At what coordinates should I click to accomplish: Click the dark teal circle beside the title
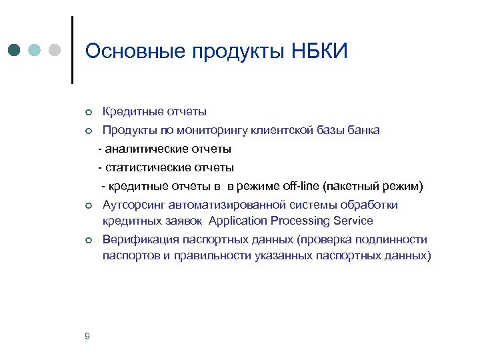tap(15, 51)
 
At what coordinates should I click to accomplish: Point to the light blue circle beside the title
tap(35, 51)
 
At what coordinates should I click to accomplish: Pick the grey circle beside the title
tap(55, 51)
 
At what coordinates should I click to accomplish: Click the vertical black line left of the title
tap(72, 50)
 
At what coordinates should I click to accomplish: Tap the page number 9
tap(88, 335)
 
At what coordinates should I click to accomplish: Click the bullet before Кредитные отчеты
tap(87, 112)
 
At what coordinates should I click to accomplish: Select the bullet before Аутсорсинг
tap(87, 205)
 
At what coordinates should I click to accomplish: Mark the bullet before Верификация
tap(87, 240)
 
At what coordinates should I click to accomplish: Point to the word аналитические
tap(143, 148)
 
